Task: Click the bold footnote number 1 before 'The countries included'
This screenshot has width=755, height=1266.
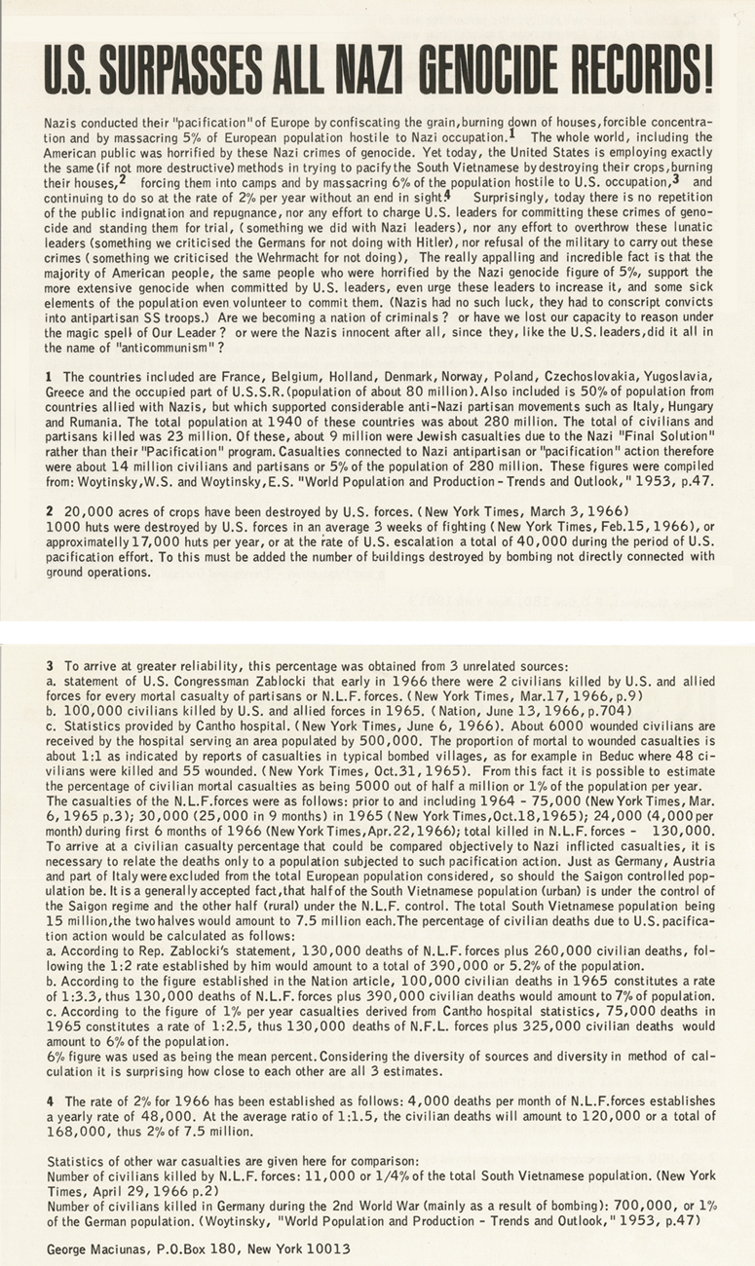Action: coord(49,376)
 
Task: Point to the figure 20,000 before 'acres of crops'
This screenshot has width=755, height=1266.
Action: coord(86,508)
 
